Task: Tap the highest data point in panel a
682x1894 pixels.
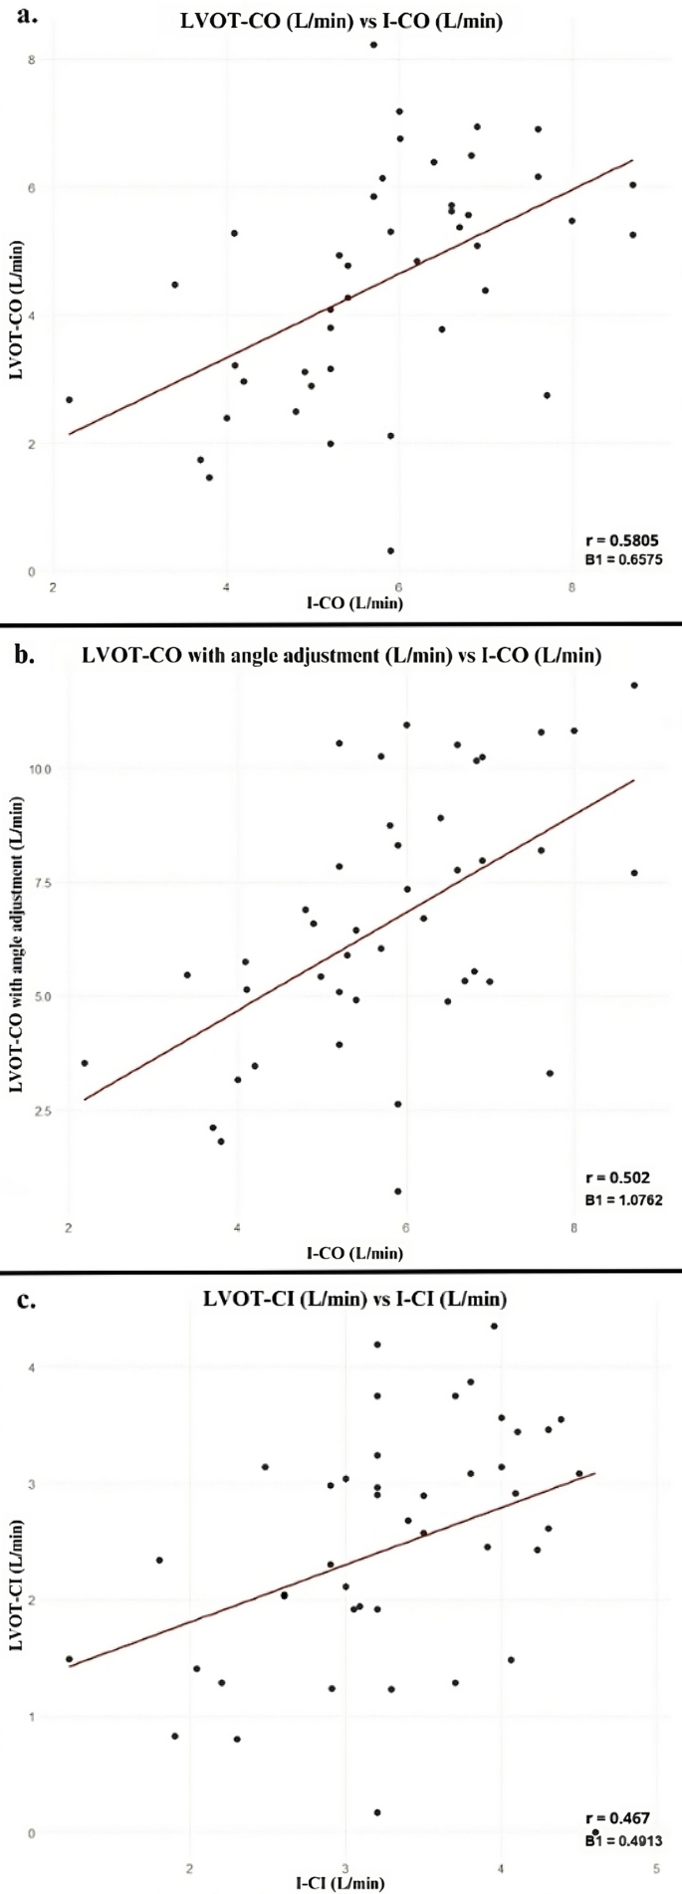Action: (373, 45)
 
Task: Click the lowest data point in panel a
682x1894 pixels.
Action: (390, 550)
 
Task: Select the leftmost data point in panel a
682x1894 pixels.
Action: (69, 399)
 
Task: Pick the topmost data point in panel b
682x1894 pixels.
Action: (634, 685)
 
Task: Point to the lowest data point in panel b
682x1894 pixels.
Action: (398, 1190)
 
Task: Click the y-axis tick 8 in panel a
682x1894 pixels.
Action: (33, 60)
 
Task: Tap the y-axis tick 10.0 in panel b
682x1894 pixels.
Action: (43, 768)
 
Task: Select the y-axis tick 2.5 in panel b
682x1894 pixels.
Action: (46, 1110)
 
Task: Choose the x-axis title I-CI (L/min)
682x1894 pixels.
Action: (340, 1882)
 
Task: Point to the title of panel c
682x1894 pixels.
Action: (354, 1299)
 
